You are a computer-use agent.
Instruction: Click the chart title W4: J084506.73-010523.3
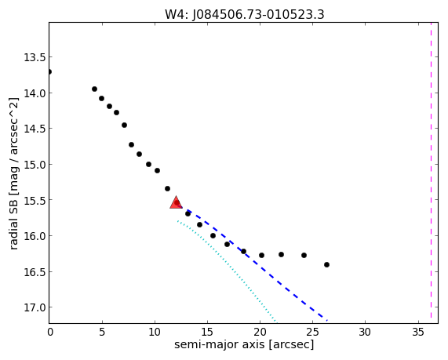click(x=245, y=14)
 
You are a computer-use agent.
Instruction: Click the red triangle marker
click(x=176, y=202)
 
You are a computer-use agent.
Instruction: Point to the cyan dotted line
click(x=227, y=271)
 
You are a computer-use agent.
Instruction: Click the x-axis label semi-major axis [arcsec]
click(x=244, y=344)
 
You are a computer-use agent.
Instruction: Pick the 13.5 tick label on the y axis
click(x=35, y=57)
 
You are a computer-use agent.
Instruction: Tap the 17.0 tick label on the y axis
click(x=35, y=307)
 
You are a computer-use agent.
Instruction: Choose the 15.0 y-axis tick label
click(x=35, y=165)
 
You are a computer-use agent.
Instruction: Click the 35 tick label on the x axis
click(x=418, y=332)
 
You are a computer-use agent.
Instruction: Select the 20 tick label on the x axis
click(x=260, y=332)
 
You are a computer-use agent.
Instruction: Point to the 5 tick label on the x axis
click(x=102, y=332)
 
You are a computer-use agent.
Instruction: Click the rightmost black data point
click(x=326, y=265)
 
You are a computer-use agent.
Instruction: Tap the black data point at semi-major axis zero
click(x=49, y=71)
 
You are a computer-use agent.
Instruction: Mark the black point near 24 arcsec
click(x=304, y=255)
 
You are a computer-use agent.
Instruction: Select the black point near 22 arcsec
click(x=281, y=254)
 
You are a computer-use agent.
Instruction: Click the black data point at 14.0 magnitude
click(x=95, y=89)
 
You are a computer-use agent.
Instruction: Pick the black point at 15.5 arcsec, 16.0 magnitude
click(x=213, y=236)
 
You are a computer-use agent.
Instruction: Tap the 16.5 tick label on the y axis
click(x=35, y=271)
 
